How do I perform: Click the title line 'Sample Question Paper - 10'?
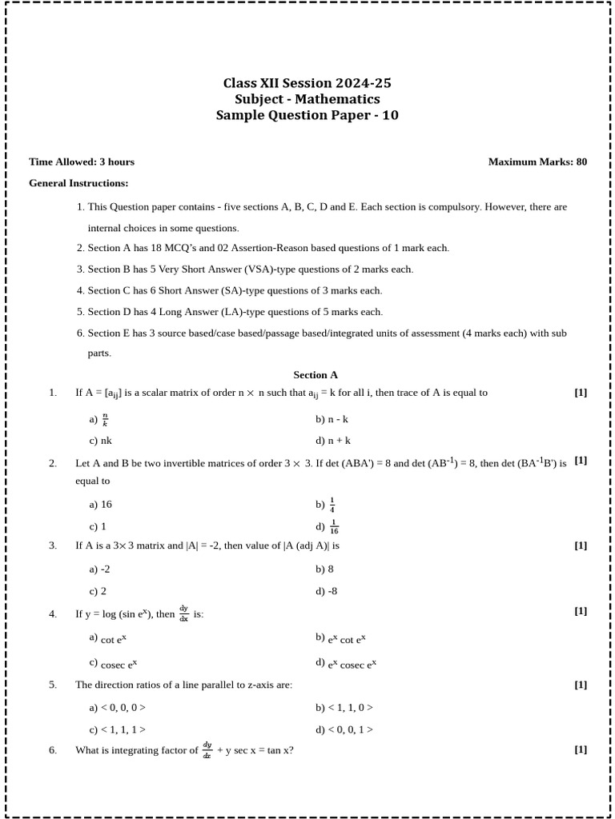(x=307, y=115)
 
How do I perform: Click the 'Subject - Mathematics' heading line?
(x=307, y=99)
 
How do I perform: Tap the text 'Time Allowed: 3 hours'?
(x=82, y=162)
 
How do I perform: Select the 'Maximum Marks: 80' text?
(x=537, y=162)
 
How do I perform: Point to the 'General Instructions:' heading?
(x=78, y=183)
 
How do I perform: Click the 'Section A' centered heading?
(x=316, y=374)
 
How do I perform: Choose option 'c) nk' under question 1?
(x=101, y=441)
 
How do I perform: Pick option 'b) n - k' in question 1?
(x=332, y=419)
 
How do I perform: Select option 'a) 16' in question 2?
(x=101, y=505)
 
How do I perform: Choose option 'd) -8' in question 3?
(x=327, y=591)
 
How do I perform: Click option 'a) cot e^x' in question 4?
(x=108, y=639)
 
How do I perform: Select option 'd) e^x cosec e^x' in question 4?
(x=346, y=664)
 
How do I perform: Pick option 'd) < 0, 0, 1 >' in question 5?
(x=344, y=729)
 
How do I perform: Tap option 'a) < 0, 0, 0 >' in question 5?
(x=118, y=708)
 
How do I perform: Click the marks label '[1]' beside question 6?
(x=581, y=749)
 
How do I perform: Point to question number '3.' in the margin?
(x=53, y=545)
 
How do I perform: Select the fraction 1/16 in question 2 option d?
(x=334, y=527)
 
